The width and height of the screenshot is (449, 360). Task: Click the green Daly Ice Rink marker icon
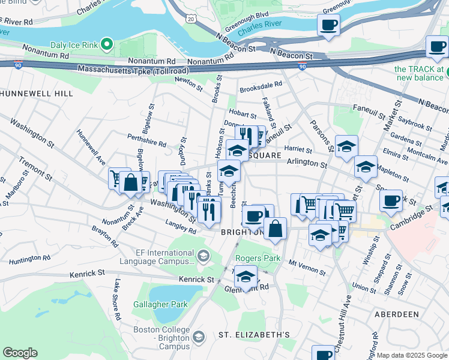(107, 44)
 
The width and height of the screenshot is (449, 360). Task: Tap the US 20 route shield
(191, 19)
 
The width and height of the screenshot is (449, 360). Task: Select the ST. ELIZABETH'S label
(246, 334)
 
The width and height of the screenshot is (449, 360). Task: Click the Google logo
(20, 353)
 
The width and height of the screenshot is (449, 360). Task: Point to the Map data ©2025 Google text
(412, 355)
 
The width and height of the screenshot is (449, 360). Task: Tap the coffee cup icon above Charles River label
(328, 26)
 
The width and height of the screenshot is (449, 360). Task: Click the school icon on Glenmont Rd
(246, 277)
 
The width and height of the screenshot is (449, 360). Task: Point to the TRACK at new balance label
(420, 73)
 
